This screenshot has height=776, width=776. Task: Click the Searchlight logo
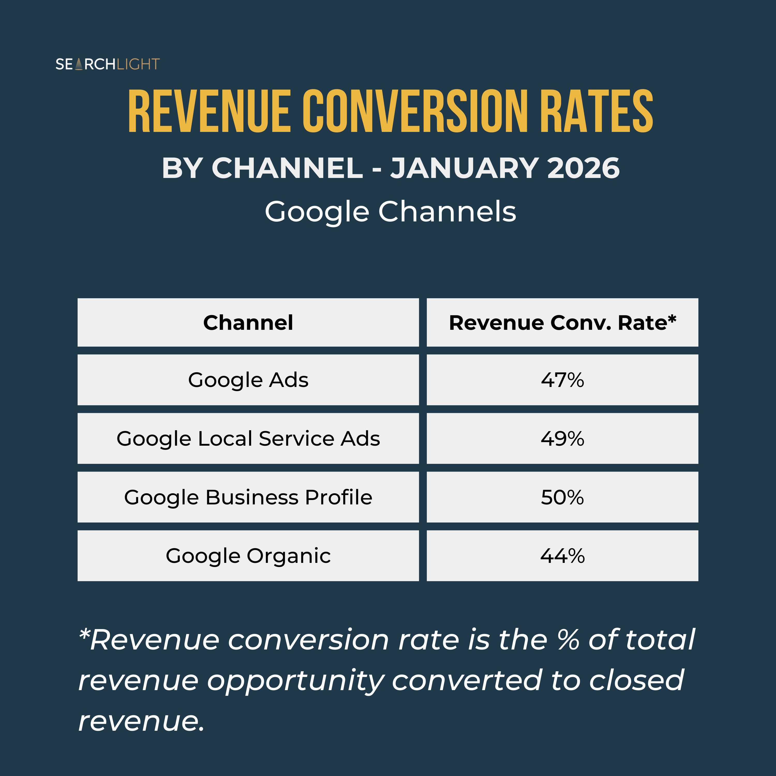(108, 64)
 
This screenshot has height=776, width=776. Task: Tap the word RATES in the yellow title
(596, 111)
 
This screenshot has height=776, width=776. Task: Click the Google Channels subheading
(390, 212)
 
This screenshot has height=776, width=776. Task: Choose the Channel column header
(248, 323)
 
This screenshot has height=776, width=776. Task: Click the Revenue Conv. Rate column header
(563, 323)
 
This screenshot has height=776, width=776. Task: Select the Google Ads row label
(248, 380)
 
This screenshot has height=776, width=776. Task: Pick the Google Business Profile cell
(248, 497)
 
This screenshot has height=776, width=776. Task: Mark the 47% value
(562, 380)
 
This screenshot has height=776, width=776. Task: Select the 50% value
(562, 497)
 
